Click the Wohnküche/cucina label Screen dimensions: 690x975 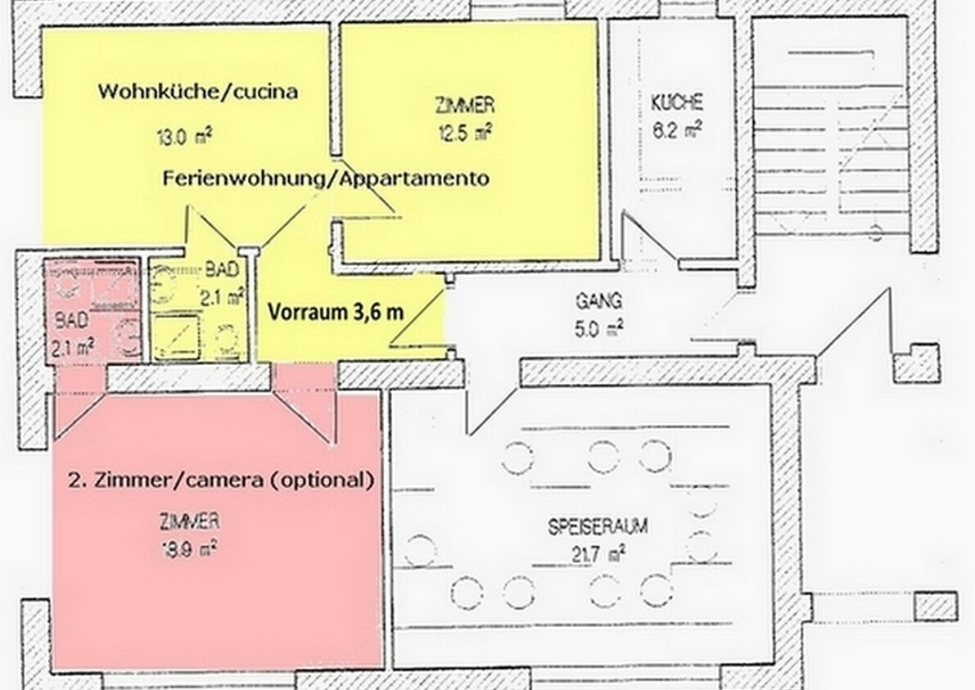click(x=197, y=91)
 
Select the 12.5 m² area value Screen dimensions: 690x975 click(x=463, y=131)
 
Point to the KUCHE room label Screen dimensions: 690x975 click(x=676, y=103)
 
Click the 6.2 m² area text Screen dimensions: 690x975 click(x=677, y=129)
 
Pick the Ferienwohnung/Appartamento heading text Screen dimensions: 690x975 click(x=326, y=178)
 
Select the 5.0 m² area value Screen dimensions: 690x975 click(x=599, y=328)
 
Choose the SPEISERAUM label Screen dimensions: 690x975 click(x=598, y=526)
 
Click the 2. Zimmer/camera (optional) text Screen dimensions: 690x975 click(x=221, y=480)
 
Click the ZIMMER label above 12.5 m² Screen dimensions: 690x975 click(x=463, y=105)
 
